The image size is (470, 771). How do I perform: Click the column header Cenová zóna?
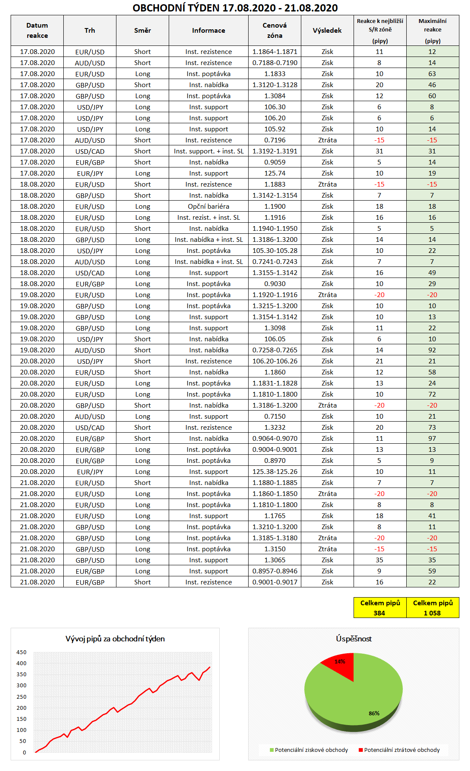pyautogui.click(x=275, y=31)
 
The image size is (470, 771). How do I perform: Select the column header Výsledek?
pyautogui.click(x=327, y=31)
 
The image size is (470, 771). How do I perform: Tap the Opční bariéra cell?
pyautogui.click(x=208, y=207)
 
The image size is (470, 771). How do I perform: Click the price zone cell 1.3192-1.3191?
pyautogui.click(x=275, y=151)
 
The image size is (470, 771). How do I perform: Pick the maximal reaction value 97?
pyautogui.click(x=432, y=439)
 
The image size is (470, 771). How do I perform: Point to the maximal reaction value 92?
pyautogui.click(x=432, y=350)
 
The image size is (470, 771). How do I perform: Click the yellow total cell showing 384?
pyautogui.click(x=379, y=608)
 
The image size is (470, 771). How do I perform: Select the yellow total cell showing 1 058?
pyautogui.click(x=432, y=608)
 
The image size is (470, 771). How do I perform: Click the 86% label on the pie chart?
pyautogui.click(x=374, y=713)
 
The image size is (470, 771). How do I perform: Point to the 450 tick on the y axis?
pyautogui.click(x=21, y=652)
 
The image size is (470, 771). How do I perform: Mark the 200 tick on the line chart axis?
pyautogui.click(x=21, y=708)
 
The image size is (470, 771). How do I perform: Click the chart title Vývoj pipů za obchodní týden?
pyautogui.click(x=115, y=639)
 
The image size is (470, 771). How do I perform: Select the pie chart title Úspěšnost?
pyautogui.click(x=354, y=639)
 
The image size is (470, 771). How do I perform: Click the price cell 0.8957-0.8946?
pyautogui.click(x=275, y=571)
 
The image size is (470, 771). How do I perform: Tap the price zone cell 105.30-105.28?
pyautogui.click(x=275, y=251)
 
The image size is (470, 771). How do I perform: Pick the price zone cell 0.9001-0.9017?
pyautogui.click(x=275, y=582)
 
